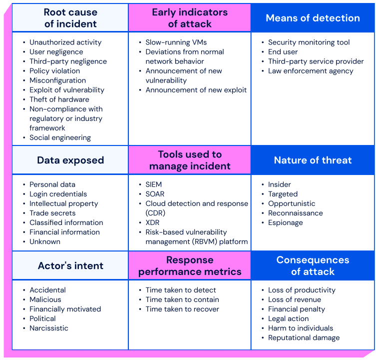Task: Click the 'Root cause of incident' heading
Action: click(x=70, y=18)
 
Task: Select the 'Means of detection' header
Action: click(x=313, y=18)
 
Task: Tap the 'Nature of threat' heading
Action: click(x=313, y=160)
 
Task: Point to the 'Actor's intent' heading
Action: click(x=70, y=265)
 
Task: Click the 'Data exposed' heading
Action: click(x=70, y=160)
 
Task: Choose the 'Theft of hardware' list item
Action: click(x=59, y=99)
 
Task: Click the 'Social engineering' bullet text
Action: click(x=60, y=137)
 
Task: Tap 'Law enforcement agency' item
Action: click(x=311, y=71)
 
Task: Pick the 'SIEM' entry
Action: click(x=154, y=184)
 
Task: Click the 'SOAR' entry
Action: click(x=155, y=194)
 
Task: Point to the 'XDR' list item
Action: click(x=153, y=222)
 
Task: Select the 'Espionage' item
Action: click(x=285, y=222)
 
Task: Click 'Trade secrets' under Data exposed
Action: click(x=52, y=213)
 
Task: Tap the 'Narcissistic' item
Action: click(x=49, y=328)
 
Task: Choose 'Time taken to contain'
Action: click(x=182, y=299)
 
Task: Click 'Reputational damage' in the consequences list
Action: click(x=304, y=337)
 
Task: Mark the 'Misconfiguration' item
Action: click(x=57, y=80)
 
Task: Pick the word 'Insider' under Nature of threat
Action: click(x=280, y=184)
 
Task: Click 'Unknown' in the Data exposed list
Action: click(x=45, y=241)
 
